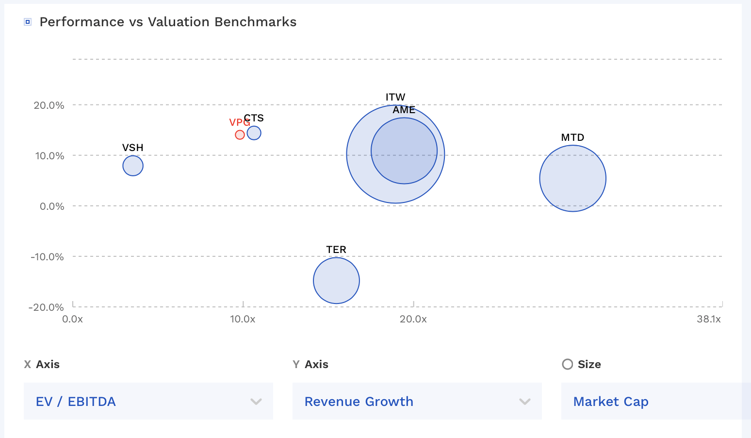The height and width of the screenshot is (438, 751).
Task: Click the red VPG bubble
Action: coord(240,135)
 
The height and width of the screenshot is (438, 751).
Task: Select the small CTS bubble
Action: coord(254,133)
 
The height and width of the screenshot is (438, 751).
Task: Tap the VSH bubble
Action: coord(132,166)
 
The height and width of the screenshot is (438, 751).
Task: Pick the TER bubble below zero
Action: coord(336,281)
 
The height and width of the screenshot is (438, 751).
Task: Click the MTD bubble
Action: coord(572,178)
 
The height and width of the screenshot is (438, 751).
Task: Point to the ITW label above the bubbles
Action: coord(395,97)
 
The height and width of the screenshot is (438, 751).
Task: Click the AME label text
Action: coord(404,110)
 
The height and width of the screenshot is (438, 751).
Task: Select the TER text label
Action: coord(336,250)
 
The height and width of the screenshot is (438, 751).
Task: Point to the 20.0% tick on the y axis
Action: coord(49,105)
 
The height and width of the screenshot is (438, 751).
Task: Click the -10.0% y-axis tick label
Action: coord(47,257)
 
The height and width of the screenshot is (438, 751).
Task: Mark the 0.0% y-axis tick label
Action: coord(52,206)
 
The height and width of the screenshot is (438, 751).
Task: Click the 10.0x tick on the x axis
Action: coord(243,319)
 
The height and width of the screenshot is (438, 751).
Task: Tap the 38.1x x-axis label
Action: coord(709,319)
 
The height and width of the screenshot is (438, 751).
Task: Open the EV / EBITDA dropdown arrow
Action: coord(256,402)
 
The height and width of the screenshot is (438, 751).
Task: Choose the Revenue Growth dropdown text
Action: coord(359,402)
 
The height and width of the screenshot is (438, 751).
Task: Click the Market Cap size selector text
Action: coord(611,402)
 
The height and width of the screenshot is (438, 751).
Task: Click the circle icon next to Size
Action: coord(567,364)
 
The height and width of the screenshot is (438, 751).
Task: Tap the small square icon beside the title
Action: coord(28,22)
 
